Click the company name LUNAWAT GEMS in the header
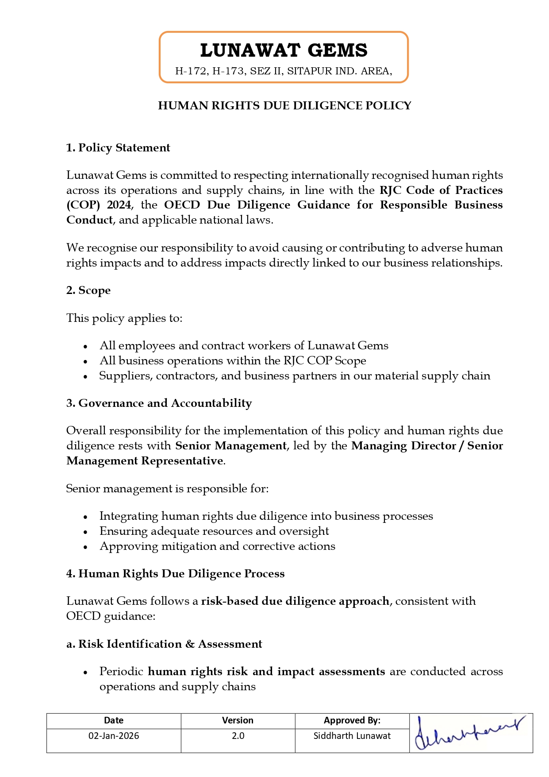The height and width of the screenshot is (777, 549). coord(284,50)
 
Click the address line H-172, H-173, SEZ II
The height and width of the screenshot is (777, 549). coord(284,71)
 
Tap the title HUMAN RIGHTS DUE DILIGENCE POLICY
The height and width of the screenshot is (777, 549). coord(284,105)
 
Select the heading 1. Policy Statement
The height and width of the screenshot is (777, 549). coord(118,147)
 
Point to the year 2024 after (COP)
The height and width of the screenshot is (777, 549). coord(119,205)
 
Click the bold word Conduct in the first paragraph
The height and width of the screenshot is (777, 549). coord(90,220)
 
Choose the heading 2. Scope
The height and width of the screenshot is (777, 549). coord(88,290)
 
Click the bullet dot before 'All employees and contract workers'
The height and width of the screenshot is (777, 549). coord(85,347)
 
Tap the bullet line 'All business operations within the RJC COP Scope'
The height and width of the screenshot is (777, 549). coord(233,361)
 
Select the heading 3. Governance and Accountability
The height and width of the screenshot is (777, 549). coord(159,403)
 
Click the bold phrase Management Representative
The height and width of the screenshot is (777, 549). coord(145,461)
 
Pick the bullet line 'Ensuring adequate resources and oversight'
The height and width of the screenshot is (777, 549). coord(214,531)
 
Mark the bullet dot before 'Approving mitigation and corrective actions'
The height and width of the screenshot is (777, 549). coord(85,547)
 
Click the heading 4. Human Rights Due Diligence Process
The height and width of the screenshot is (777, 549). coord(175,574)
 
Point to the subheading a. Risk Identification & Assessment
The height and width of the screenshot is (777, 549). coord(164,644)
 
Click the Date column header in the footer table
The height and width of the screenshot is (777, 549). coord(114,720)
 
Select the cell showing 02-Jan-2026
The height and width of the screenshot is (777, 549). coord(114,736)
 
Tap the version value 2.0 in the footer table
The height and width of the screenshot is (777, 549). coord(238,736)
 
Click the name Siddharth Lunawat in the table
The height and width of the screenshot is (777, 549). coord(352,736)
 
